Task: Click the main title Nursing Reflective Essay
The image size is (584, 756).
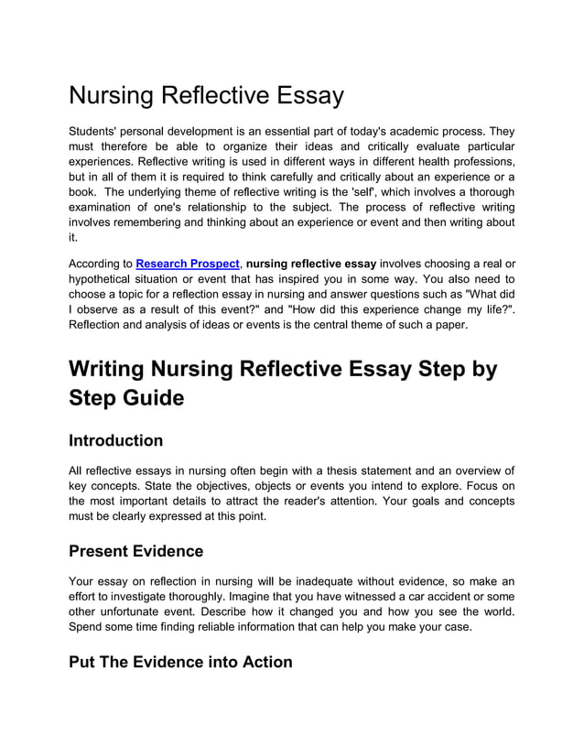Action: [x=206, y=95]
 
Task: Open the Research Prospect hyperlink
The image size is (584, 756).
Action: [x=187, y=264]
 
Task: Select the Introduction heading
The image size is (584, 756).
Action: [x=115, y=440]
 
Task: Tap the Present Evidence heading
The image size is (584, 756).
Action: [x=135, y=551]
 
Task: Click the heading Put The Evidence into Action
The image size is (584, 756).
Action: [x=180, y=662]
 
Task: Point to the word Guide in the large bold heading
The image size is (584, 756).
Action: [x=146, y=398]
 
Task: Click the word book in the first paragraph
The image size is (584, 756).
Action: [x=83, y=192]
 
